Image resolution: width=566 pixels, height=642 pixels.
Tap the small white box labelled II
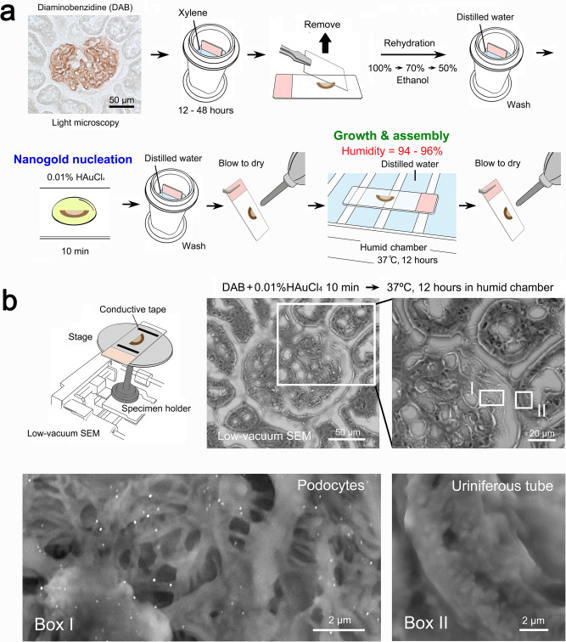point(524,399)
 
